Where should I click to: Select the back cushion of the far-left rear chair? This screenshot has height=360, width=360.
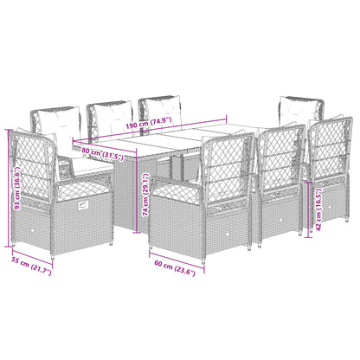[x=55, y=120]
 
